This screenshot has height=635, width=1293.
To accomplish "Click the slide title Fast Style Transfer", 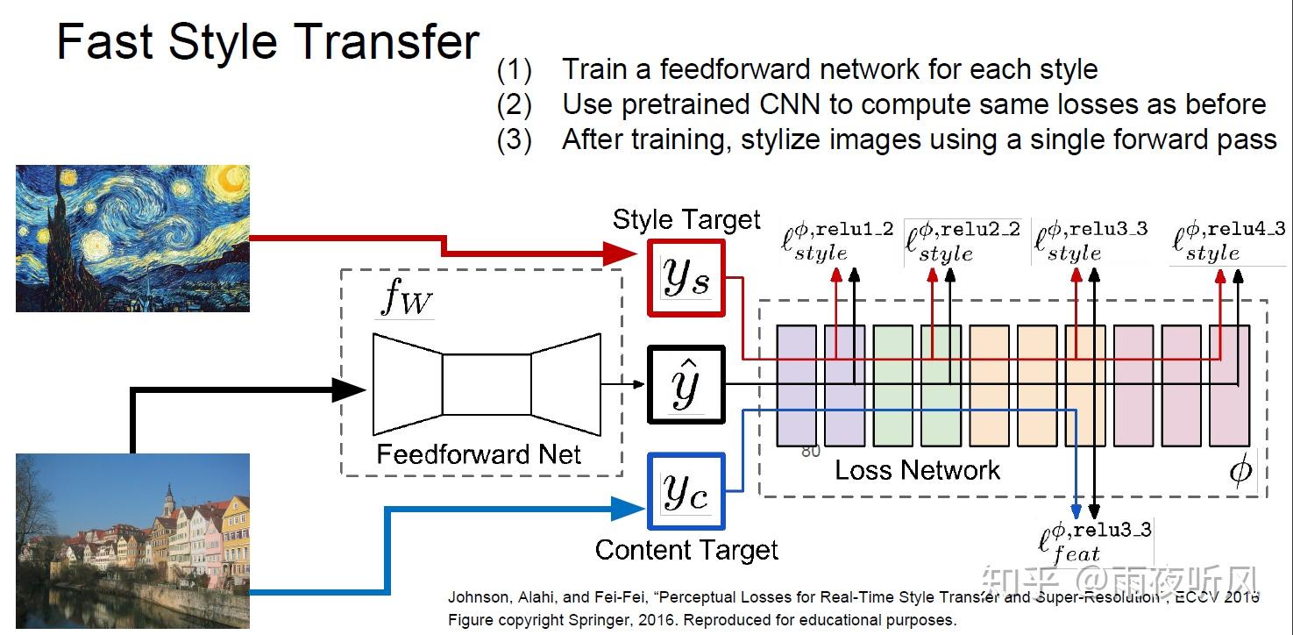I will (x=267, y=42).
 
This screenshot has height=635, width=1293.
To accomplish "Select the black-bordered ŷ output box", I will (x=685, y=385).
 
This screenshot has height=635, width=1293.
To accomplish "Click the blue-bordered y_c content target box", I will (x=685, y=492).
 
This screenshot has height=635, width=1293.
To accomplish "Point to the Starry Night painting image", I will (x=132, y=238).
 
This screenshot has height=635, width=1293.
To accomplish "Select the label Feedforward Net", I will (x=479, y=454).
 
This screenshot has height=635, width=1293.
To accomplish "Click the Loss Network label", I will (x=917, y=470).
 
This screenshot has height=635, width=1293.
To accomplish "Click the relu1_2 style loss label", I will (x=838, y=240).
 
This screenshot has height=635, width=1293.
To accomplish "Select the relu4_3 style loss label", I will (x=1218, y=240).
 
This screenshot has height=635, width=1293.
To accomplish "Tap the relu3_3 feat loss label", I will (x=1094, y=542).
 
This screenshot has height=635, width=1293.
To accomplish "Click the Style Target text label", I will (x=686, y=219).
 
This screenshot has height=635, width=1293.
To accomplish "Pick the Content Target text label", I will (x=686, y=550).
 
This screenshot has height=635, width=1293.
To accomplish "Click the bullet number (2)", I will (x=514, y=104).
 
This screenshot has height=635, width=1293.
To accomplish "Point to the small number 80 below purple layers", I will (x=811, y=452).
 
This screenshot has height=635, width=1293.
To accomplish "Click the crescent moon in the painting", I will (x=231, y=181).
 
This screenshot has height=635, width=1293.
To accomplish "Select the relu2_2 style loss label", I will (x=963, y=240).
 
